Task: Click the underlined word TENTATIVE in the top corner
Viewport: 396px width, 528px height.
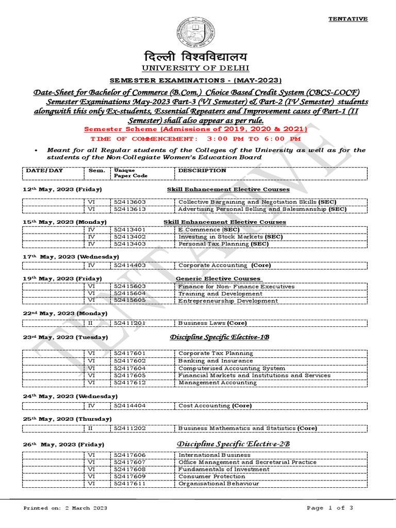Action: coord(348,19)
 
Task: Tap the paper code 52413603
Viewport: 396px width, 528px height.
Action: coord(129,202)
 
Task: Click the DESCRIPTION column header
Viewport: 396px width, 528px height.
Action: coord(202,170)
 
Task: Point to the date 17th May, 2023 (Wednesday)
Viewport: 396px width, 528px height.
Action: coord(71,256)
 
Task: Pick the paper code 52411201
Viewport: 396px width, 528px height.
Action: coord(129,323)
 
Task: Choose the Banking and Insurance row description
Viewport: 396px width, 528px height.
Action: coord(208,361)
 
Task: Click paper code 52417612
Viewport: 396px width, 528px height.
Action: coord(129,383)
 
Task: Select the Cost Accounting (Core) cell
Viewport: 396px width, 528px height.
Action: coord(215,406)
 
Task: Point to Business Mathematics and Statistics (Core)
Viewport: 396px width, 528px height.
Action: coord(247,428)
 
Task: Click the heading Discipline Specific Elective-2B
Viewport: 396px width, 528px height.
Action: coord(234,444)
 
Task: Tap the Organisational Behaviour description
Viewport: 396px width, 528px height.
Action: coord(219,484)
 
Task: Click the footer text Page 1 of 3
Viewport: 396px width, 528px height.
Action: coord(330,508)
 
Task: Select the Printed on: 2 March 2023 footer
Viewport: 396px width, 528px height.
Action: coord(65,508)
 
